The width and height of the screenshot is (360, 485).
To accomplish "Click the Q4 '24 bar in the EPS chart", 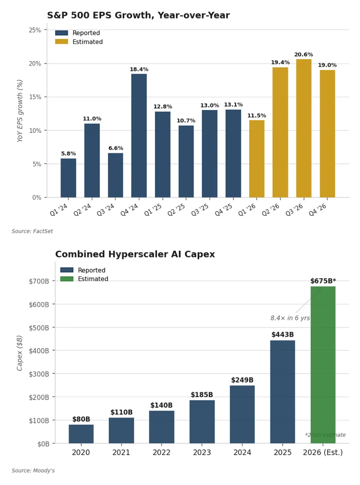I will click(x=139, y=135).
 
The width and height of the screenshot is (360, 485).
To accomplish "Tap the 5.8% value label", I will click(x=68, y=154).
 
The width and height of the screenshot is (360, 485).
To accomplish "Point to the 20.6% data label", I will click(x=304, y=55).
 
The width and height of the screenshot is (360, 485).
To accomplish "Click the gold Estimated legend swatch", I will click(x=61, y=42).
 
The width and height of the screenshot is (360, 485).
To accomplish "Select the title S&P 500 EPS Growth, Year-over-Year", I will click(x=138, y=15).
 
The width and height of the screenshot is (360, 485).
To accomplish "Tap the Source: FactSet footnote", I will click(x=32, y=231).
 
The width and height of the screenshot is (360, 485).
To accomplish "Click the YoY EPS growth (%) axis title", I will click(x=20, y=111).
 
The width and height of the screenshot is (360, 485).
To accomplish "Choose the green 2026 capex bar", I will click(x=323, y=365).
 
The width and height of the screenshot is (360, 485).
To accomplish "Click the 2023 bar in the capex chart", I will click(x=202, y=422).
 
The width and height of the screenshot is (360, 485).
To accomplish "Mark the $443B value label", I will click(x=282, y=335).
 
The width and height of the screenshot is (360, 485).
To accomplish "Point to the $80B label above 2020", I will click(x=81, y=419).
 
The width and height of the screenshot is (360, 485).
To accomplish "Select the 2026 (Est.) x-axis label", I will click(x=323, y=452).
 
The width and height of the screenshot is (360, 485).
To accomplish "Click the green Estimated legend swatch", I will click(x=67, y=279).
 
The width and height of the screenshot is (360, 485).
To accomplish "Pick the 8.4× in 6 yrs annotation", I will click(x=290, y=318).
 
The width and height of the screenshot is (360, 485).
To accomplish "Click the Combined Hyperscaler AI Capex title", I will click(x=135, y=254).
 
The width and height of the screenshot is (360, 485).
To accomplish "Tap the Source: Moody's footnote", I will click(x=33, y=471).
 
